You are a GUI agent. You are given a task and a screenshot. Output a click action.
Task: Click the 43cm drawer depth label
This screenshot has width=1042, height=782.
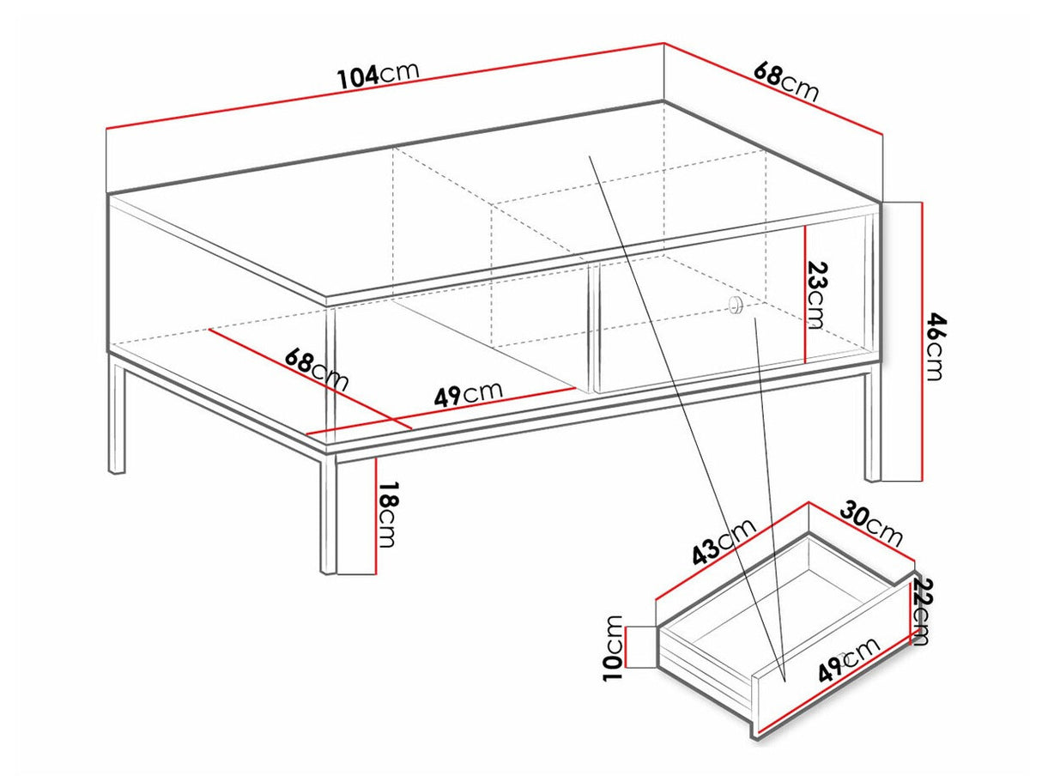[723, 542]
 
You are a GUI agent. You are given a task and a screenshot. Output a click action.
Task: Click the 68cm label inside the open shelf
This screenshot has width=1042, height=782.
[317, 370]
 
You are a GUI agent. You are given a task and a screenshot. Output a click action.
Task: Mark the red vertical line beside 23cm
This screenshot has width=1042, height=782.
[805, 294]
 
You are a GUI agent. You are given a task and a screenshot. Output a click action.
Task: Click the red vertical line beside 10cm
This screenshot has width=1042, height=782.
[627, 646]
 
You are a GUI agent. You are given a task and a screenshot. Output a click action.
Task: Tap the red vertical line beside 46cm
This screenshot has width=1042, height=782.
[922, 342]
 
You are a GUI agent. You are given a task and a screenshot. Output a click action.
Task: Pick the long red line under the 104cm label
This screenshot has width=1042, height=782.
[385, 86]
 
